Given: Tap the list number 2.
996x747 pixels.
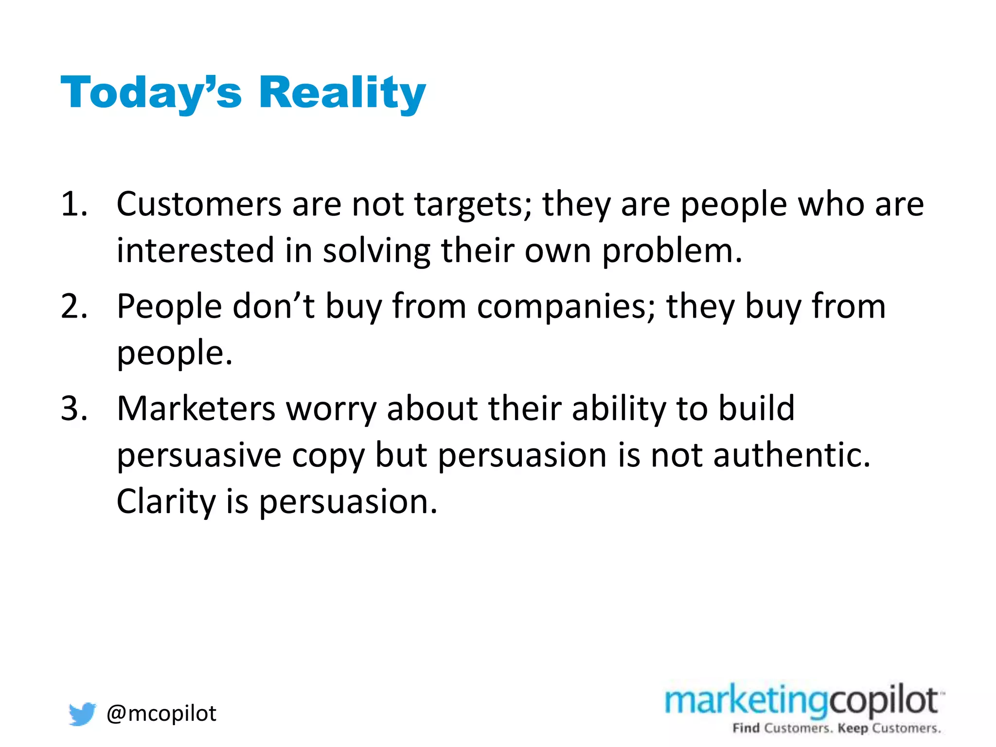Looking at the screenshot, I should pyautogui.click(x=74, y=306).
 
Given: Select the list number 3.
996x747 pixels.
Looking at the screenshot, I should pyautogui.click(x=74, y=409).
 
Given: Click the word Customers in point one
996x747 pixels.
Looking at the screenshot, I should pyautogui.click(x=198, y=204).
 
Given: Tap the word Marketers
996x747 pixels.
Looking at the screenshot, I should pyautogui.click(x=196, y=409).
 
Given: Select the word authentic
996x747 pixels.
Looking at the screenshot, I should pyautogui.click(x=791, y=455).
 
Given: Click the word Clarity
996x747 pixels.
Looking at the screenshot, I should pyautogui.click(x=166, y=502).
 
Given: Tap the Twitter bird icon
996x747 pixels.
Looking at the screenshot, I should pyautogui.click(x=82, y=713).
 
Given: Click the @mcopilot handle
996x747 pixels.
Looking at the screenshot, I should pyautogui.click(x=161, y=713).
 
